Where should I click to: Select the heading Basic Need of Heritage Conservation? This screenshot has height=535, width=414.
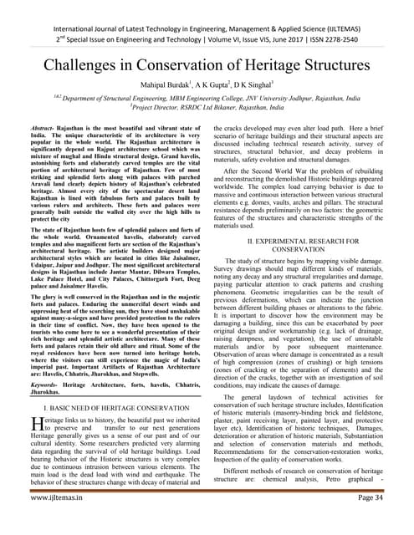118,410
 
